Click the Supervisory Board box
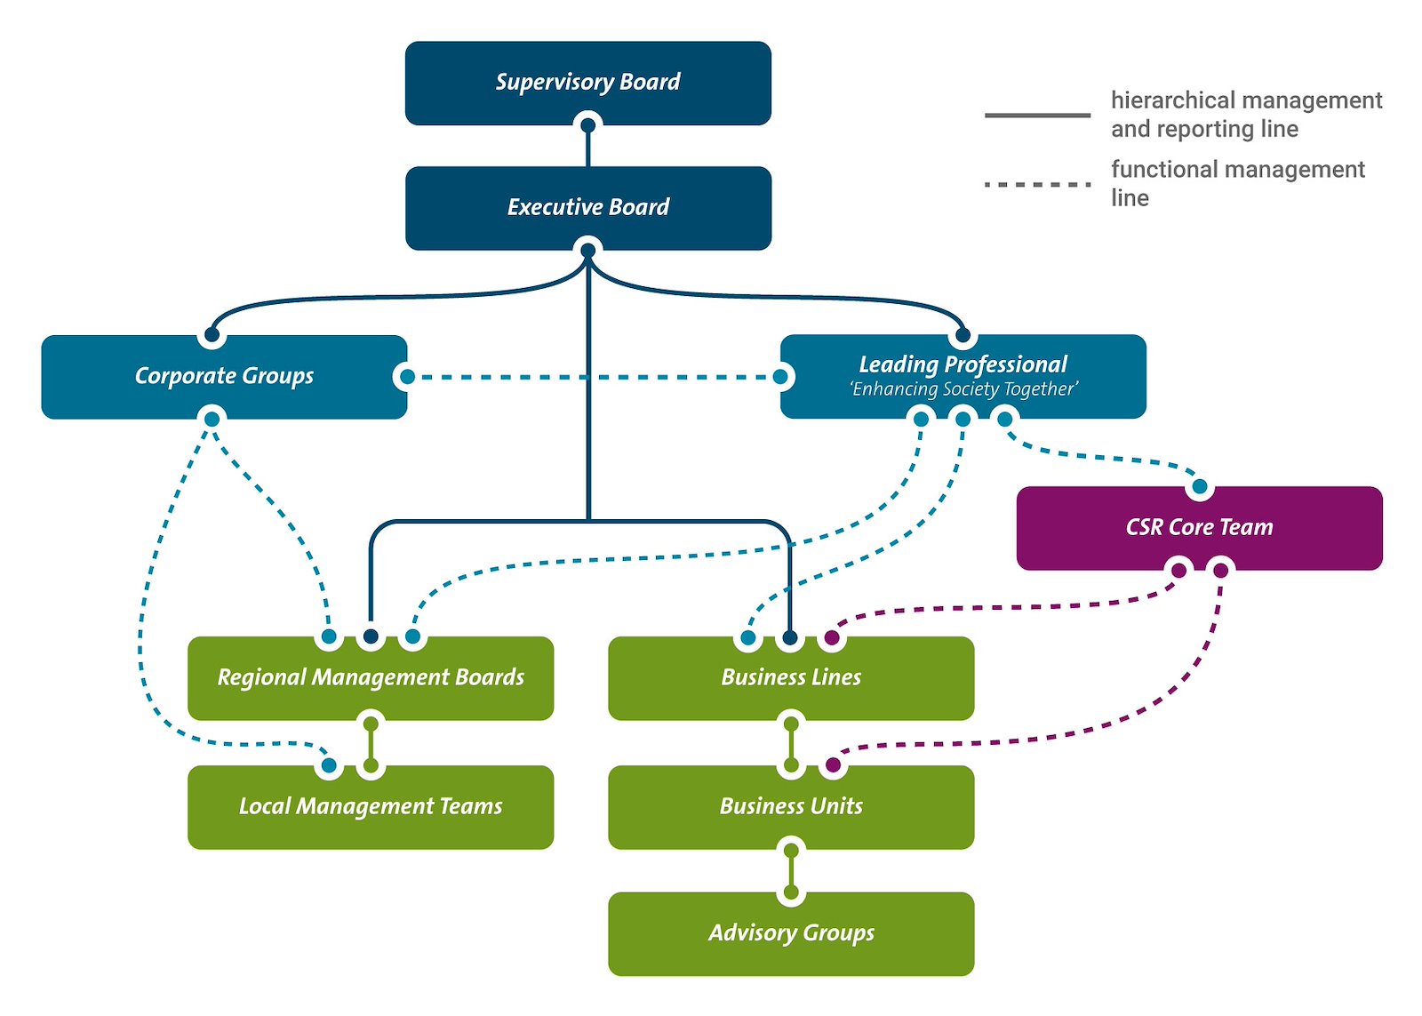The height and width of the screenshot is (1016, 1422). point(587,83)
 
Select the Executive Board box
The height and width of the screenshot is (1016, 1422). point(587,207)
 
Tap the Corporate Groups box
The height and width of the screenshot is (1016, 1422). point(224,376)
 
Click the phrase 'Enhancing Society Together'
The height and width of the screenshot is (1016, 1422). point(963,389)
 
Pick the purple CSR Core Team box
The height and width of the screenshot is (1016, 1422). point(1199,527)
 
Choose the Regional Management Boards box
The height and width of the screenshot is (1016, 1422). point(371,678)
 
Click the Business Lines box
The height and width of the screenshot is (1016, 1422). point(791,678)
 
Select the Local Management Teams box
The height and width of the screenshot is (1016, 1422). point(371,807)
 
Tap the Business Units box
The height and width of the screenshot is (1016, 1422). point(791,807)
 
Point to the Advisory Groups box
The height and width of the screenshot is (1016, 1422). point(791,933)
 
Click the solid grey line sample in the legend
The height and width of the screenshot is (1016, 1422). point(1037,115)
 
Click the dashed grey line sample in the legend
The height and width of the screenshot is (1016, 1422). point(1037,185)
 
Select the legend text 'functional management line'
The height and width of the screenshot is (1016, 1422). point(1237,183)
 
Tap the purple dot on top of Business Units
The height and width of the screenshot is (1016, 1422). point(833,764)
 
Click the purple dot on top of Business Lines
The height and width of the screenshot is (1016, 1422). point(832,637)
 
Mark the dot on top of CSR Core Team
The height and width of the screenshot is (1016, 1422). point(1200,486)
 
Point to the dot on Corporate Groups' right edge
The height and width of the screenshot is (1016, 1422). point(407,377)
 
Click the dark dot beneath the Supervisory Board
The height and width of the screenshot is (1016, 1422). point(587,125)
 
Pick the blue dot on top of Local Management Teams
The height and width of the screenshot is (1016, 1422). point(329,764)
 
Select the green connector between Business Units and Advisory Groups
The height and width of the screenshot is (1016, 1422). point(791,871)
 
